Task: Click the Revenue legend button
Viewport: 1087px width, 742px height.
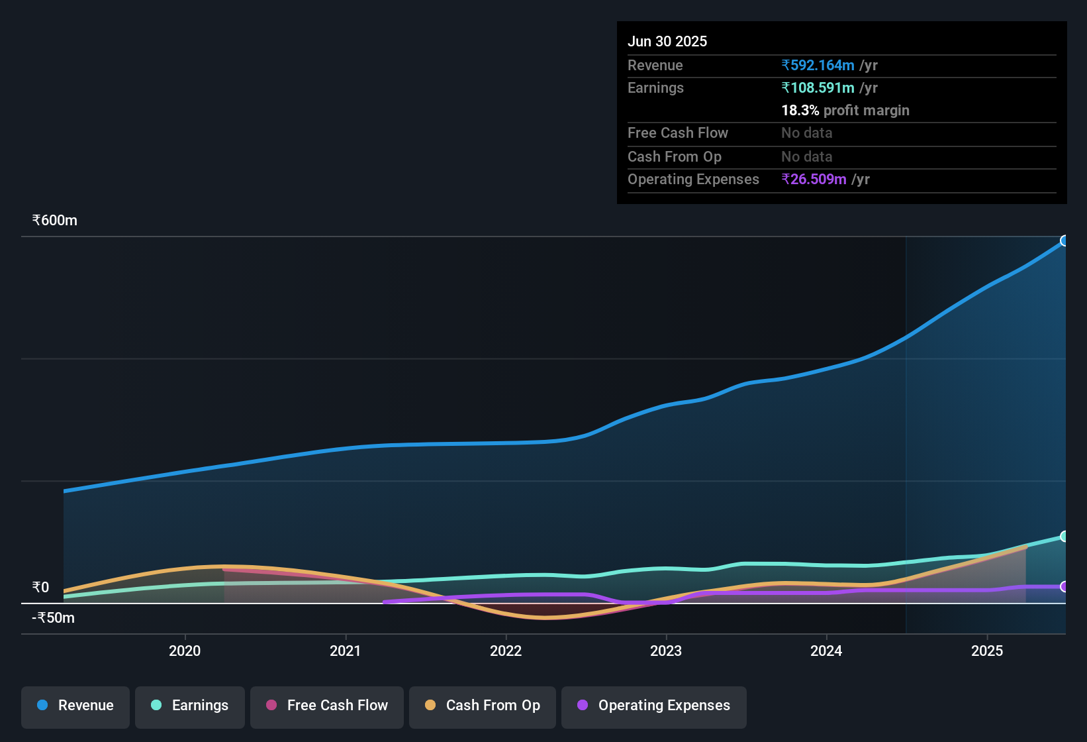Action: click(x=75, y=706)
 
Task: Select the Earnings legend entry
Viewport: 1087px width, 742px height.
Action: click(x=190, y=706)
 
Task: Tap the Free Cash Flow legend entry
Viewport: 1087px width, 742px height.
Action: click(x=327, y=706)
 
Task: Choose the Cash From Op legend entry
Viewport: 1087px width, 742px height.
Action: click(x=483, y=706)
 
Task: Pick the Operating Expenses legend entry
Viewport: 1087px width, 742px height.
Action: click(x=654, y=706)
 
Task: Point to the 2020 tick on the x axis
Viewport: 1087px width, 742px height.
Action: click(x=185, y=651)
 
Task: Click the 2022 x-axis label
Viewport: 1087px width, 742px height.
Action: click(x=506, y=651)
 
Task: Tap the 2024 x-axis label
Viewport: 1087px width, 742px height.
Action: click(x=826, y=651)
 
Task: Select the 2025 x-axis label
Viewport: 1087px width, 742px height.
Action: click(x=987, y=651)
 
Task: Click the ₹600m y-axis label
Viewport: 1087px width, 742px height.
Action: click(x=55, y=220)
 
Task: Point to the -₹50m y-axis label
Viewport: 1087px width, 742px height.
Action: click(x=54, y=617)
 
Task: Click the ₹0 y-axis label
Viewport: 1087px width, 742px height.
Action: click(x=41, y=587)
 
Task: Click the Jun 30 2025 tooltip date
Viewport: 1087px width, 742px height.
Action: click(x=667, y=41)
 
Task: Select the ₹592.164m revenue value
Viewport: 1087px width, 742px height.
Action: click(x=818, y=65)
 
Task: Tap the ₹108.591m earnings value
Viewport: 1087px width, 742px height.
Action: click(x=818, y=87)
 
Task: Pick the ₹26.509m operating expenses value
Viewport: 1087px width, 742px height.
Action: click(x=814, y=179)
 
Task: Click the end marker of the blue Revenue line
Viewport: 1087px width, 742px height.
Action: click(x=1064, y=240)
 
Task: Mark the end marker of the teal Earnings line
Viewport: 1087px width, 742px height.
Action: click(x=1064, y=536)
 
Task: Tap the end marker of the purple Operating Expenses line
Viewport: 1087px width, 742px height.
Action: click(x=1064, y=586)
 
